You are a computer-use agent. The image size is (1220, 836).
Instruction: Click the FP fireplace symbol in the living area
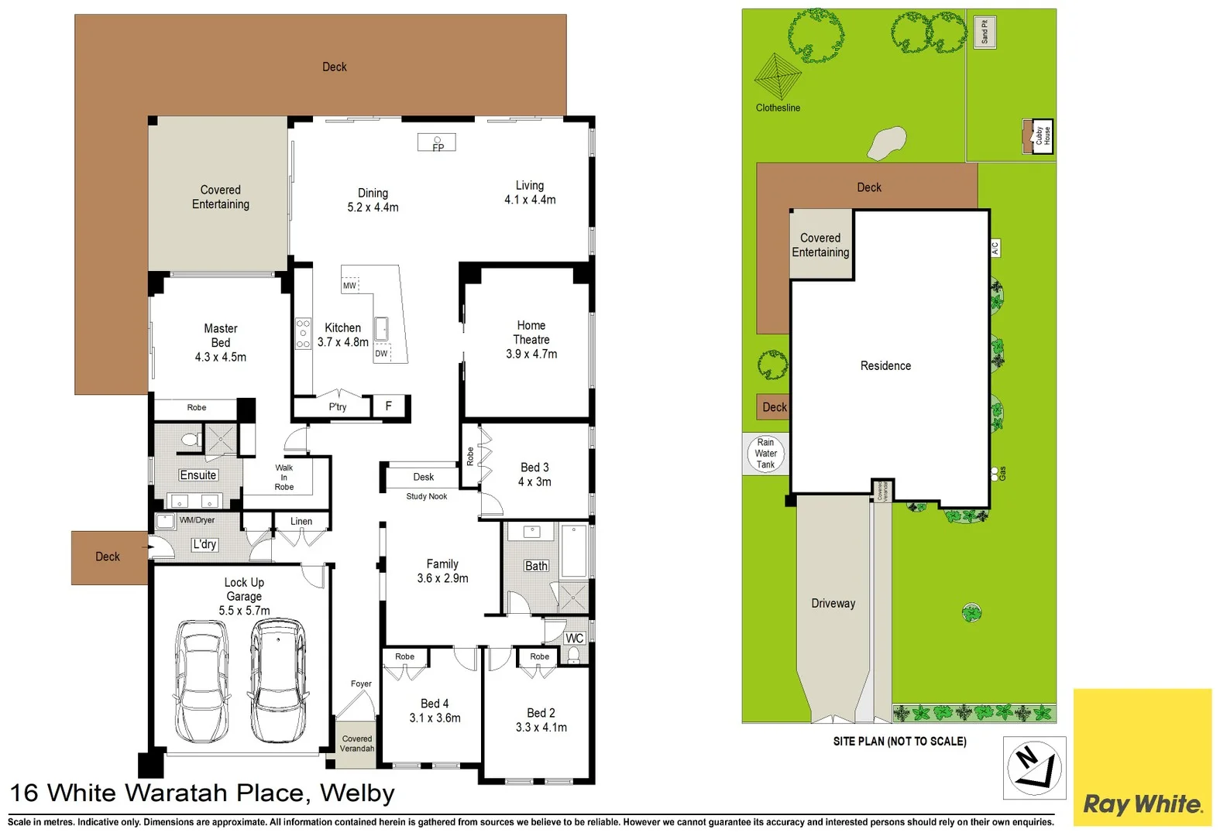tap(437, 143)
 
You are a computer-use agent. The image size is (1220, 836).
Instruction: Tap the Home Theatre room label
tap(531, 333)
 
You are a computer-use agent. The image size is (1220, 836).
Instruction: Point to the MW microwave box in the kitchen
tap(350, 285)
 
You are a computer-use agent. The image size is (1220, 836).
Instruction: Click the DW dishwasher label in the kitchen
tap(381, 353)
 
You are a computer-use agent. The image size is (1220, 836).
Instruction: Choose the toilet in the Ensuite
tap(190, 440)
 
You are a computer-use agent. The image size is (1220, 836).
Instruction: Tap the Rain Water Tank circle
tap(765, 454)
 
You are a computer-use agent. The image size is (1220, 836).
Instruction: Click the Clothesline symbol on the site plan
tap(777, 77)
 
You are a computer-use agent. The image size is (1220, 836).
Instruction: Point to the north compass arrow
tap(1035, 766)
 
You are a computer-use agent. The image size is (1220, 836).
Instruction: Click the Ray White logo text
tap(1143, 803)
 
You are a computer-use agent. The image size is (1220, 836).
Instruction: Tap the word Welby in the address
tap(357, 793)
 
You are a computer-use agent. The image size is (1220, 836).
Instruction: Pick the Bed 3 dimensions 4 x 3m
tap(534, 481)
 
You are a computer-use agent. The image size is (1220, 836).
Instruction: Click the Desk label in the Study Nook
tap(423, 477)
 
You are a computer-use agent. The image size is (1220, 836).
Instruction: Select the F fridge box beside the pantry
tap(389, 406)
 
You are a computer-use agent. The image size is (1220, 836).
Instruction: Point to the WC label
tap(574, 638)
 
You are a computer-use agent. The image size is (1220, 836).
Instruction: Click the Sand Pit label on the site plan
tap(985, 32)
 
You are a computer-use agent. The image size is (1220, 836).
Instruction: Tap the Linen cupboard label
tap(301, 521)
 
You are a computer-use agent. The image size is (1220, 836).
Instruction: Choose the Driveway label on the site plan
tap(833, 603)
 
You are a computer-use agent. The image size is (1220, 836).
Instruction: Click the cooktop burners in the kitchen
tap(303, 334)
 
